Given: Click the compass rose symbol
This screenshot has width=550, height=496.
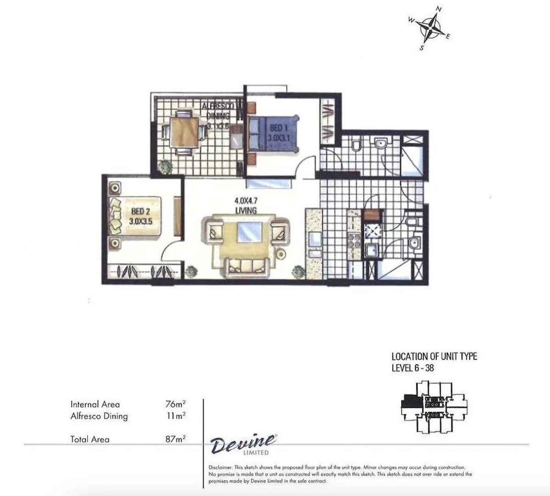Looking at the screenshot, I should (430, 28).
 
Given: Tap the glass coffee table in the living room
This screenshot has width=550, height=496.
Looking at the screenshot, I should (249, 231).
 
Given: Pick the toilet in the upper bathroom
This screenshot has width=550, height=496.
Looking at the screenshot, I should (356, 146).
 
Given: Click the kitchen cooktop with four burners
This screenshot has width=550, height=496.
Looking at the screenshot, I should (355, 241).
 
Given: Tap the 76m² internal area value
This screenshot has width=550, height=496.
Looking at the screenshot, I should (175, 404).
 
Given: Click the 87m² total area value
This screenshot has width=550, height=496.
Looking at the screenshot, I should (175, 439).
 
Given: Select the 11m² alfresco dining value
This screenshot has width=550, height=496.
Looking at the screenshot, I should (175, 416).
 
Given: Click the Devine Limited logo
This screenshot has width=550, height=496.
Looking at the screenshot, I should (243, 445).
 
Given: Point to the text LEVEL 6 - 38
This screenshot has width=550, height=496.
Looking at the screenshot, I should (412, 368).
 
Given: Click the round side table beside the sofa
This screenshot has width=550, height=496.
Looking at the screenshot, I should (281, 253).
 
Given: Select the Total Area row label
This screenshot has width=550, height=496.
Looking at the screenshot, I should (90, 439).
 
